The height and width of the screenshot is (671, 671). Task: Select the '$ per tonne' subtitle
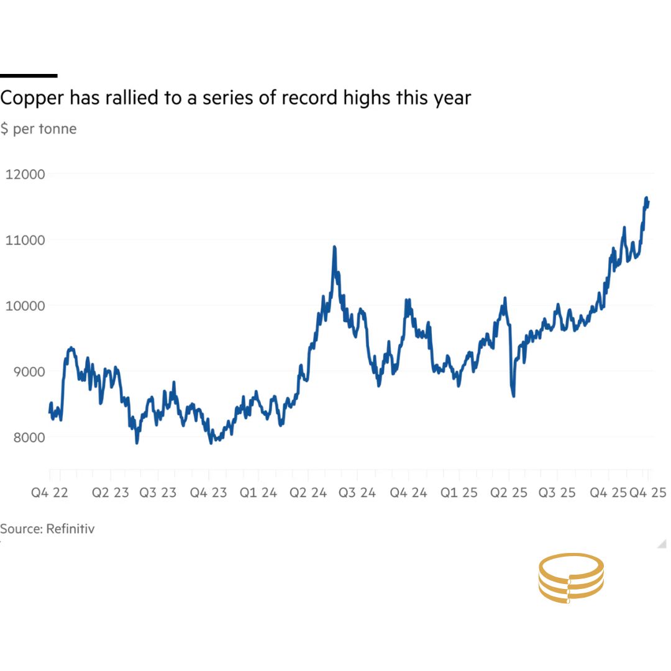coord(39,129)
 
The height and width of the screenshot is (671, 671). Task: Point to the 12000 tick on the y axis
coord(25,174)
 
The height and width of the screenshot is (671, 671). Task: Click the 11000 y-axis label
coord(25,240)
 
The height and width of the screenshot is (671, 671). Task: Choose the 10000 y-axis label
coord(25,306)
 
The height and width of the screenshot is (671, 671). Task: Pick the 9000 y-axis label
coord(27,372)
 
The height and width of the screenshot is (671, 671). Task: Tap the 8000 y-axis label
coord(27,437)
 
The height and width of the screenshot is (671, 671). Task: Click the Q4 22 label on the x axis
coord(50,493)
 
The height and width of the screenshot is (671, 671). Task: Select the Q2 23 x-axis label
coord(111,493)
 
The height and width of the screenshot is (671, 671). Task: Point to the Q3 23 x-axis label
coord(158,493)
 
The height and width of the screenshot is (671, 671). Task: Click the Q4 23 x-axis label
coord(208,493)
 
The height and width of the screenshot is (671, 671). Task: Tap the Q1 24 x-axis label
coord(258,493)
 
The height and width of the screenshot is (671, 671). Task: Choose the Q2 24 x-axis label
coord(308,493)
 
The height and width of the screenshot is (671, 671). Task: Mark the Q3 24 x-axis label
coord(358,493)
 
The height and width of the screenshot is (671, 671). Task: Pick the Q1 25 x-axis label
coord(459,493)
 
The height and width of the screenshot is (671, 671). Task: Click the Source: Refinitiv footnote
coord(47,529)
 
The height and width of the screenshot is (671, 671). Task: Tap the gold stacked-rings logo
coord(571,578)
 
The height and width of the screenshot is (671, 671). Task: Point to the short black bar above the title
coord(29,76)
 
